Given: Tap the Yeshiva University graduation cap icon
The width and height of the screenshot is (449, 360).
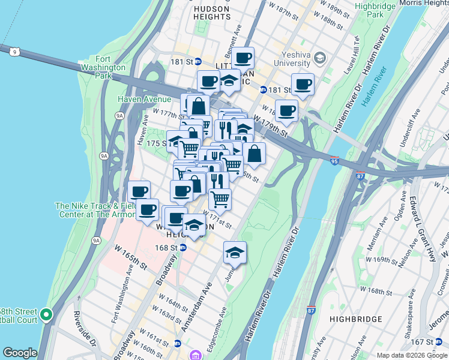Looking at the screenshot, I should coord(319,58).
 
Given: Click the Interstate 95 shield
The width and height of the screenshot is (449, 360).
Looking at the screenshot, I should coord(334,161).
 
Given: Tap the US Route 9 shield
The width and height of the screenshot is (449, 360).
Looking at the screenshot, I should coord(13,52).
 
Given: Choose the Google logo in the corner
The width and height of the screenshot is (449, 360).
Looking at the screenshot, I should coord(20,353).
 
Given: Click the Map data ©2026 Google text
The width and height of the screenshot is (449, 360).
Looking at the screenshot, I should coord(412,355).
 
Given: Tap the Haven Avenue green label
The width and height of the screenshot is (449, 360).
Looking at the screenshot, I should coord(145,98).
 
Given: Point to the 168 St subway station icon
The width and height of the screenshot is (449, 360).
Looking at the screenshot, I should coord(183,247).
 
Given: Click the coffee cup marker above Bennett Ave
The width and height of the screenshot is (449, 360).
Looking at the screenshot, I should coord(243,58).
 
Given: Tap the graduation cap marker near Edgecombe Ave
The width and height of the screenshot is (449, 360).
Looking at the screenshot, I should coord(235,253).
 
